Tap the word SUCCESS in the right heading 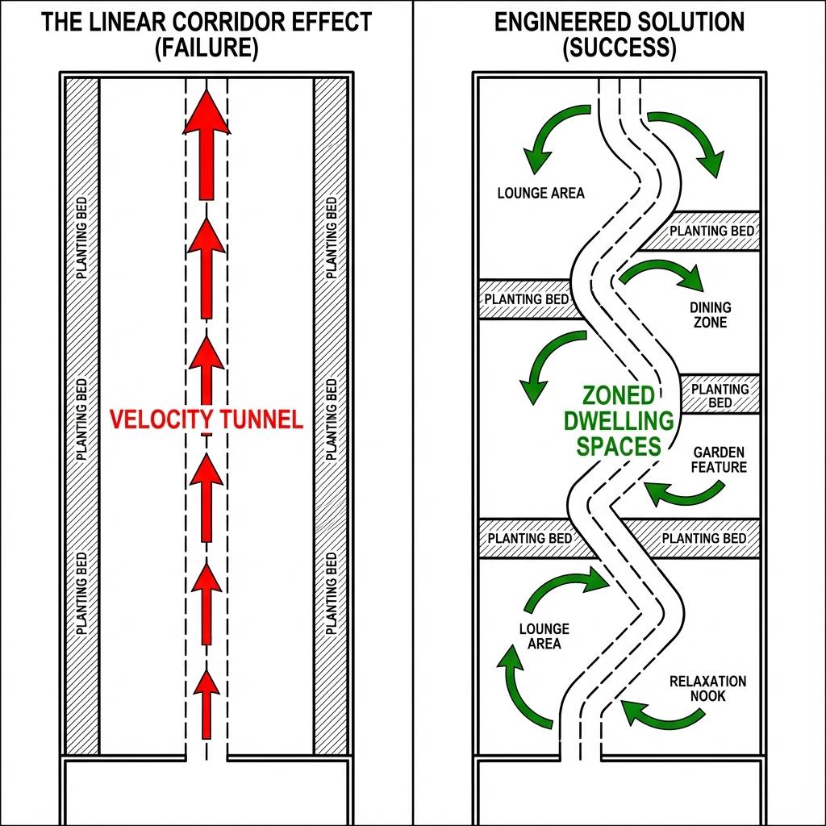(619, 48)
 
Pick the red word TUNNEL (260, 419)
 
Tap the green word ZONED (618, 397)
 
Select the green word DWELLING (619, 421)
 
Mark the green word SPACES (619, 446)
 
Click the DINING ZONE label (710, 315)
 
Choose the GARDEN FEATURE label (720, 460)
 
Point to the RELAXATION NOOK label (707, 688)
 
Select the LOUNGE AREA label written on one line (540, 193)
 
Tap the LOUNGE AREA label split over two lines (544, 636)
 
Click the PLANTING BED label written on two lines (720, 395)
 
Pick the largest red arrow (207, 145)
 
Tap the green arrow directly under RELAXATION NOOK (661, 711)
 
